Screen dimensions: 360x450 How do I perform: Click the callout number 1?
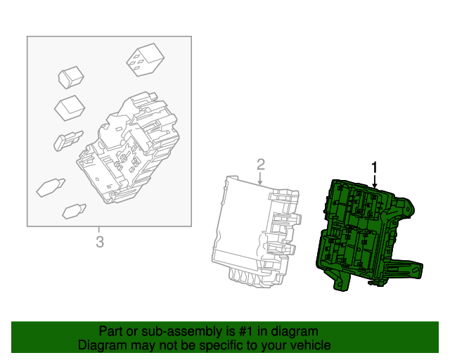[375, 167]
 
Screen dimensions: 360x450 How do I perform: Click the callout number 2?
[260, 165]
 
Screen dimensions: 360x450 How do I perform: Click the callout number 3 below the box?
[99, 243]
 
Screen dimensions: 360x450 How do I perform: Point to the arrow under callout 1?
[375, 181]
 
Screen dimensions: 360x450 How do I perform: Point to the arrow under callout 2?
[260, 179]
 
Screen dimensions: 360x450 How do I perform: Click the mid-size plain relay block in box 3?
[69, 108]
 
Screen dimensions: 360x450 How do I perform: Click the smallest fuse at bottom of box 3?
[74, 210]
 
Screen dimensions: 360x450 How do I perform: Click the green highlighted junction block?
[359, 232]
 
